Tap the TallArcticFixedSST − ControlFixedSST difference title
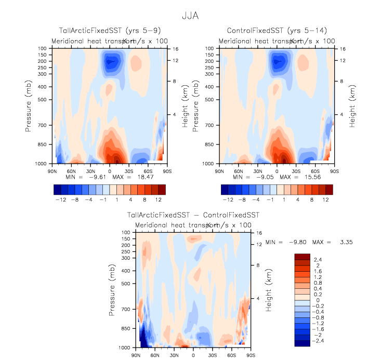pyautogui.click(x=193, y=215)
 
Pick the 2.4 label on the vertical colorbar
pyautogui.click(x=318, y=260)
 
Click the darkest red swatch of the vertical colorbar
pyautogui.click(x=302, y=257)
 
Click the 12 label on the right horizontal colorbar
pyautogui.click(x=326, y=199)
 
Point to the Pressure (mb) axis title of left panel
pyautogui.click(x=30, y=106)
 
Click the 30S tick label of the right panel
pyautogui.click(x=296, y=170)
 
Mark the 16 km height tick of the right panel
pyautogui.click(x=343, y=48)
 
